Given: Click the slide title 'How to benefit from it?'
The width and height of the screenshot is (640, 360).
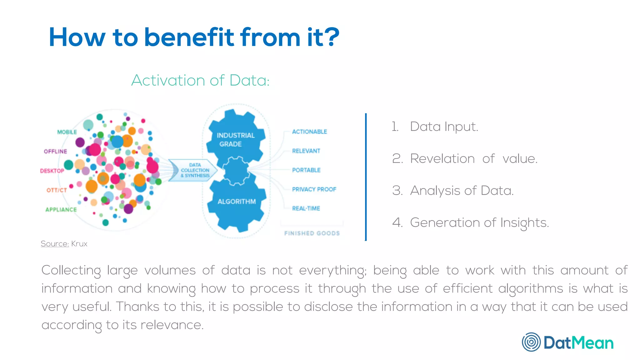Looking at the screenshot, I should [x=194, y=37].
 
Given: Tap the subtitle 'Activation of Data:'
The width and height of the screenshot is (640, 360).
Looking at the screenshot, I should [x=200, y=80].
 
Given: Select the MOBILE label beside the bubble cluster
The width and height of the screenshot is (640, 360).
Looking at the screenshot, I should [x=67, y=132].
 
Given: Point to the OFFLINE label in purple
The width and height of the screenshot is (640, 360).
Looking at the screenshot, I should [x=55, y=152].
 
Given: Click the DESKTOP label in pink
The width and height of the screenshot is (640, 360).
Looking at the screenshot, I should [x=52, y=171].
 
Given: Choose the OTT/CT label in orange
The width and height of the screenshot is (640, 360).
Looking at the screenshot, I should [x=57, y=190].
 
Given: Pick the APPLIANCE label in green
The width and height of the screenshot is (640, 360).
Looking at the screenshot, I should [x=61, y=210].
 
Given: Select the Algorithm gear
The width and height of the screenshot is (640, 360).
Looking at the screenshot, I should [x=237, y=202].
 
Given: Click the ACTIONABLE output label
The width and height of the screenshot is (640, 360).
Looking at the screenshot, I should [x=309, y=132].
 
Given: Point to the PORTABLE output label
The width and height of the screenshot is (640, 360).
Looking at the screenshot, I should [x=306, y=170].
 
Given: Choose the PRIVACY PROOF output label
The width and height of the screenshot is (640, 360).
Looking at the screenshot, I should [x=314, y=189].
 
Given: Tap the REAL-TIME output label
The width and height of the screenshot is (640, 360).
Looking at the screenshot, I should [x=306, y=208].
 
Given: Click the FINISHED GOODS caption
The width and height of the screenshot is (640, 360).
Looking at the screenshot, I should [x=312, y=233].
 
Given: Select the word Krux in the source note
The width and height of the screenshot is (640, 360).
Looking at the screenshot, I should [x=79, y=244].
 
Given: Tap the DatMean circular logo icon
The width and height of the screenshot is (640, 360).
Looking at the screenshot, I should [x=531, y=342].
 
